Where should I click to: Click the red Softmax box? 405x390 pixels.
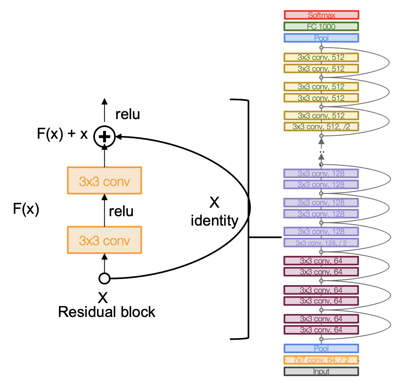pyautogui.click(x=321, y=15)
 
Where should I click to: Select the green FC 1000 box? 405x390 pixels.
pyautogui.click(x=321, y=27)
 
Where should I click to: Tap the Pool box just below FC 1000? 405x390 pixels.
pyautogui.click(x=321, y=38)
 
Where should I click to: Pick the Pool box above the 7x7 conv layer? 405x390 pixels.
pyautogui.click(x=321, y=348)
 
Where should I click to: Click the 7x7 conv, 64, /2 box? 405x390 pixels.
pyautogui.click(x=321, y=360)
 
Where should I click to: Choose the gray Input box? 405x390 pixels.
pyautogui.click(x=321, y=371)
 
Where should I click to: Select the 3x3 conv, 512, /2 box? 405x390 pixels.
pyautogui.click(x=321, y=126)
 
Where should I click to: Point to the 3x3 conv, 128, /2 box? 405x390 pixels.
pyautogui.click(x=321, y=243)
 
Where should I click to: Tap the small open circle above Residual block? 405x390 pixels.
pyautogui.click(x=105, y=279)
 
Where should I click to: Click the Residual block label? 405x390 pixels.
pyautogui.click(x=107, y=312)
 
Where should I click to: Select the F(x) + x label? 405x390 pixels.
pyautogui.click(x=62, y=134)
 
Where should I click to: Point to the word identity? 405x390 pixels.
pyautogui.click(x=215, y=221)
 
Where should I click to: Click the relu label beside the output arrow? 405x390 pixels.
pyautogui.click(x=128, y=114)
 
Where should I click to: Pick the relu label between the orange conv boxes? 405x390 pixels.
pyautogui.click(x=121, y=211)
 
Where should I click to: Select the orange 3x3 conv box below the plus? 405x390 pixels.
pyautogui.click(x=105, y=181)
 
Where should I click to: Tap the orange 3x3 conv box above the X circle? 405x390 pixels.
pyautogui.click(x=105, y=240)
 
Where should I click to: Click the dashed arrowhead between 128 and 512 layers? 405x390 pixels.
pyautogui.click(x=321, y=141)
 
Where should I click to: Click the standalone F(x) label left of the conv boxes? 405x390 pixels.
pyautogui.click(x=26, y=209)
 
